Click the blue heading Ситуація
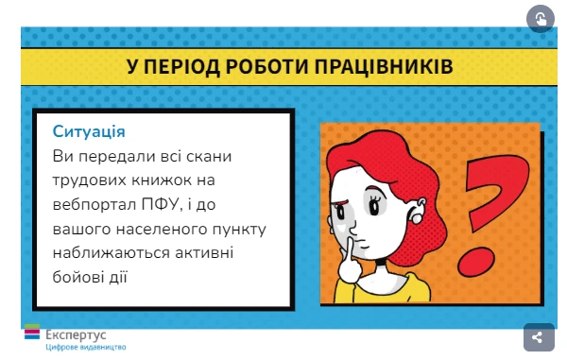pyautogui.click(x=90, y=131)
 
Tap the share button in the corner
pyautogui.click(x=538, y=337)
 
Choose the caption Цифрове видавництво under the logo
pyautogui.click(x=85, y=347)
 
